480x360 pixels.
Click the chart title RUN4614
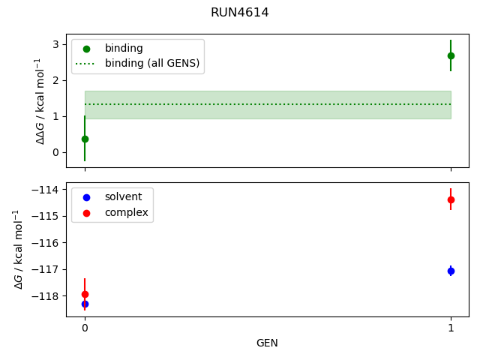(240, 13)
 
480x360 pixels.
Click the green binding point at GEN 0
(85, 139)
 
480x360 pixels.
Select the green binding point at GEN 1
(451, 55)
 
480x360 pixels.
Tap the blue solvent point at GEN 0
(85, 304)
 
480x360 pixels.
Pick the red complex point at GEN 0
(85, 294)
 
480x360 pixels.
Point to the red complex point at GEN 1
(451, 199)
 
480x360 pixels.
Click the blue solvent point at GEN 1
(451, 271)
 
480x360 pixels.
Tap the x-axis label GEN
(268, 343)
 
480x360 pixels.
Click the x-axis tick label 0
(85, 328)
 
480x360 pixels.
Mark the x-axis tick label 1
(451, 328)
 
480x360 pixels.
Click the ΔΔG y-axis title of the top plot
(40, 100)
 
